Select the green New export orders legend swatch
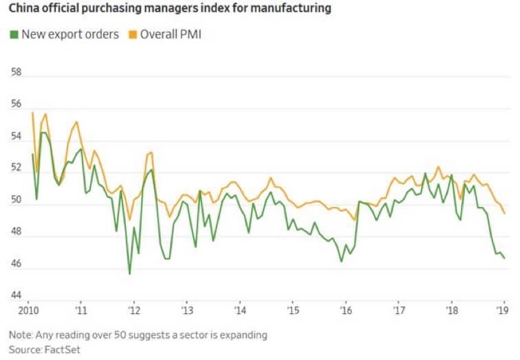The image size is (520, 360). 14,34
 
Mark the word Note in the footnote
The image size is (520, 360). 21,335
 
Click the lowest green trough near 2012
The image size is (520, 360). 129,273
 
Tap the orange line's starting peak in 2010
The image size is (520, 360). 32,112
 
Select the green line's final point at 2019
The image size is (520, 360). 505,258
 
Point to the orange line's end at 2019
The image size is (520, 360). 505,213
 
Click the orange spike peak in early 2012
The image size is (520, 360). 151,151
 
